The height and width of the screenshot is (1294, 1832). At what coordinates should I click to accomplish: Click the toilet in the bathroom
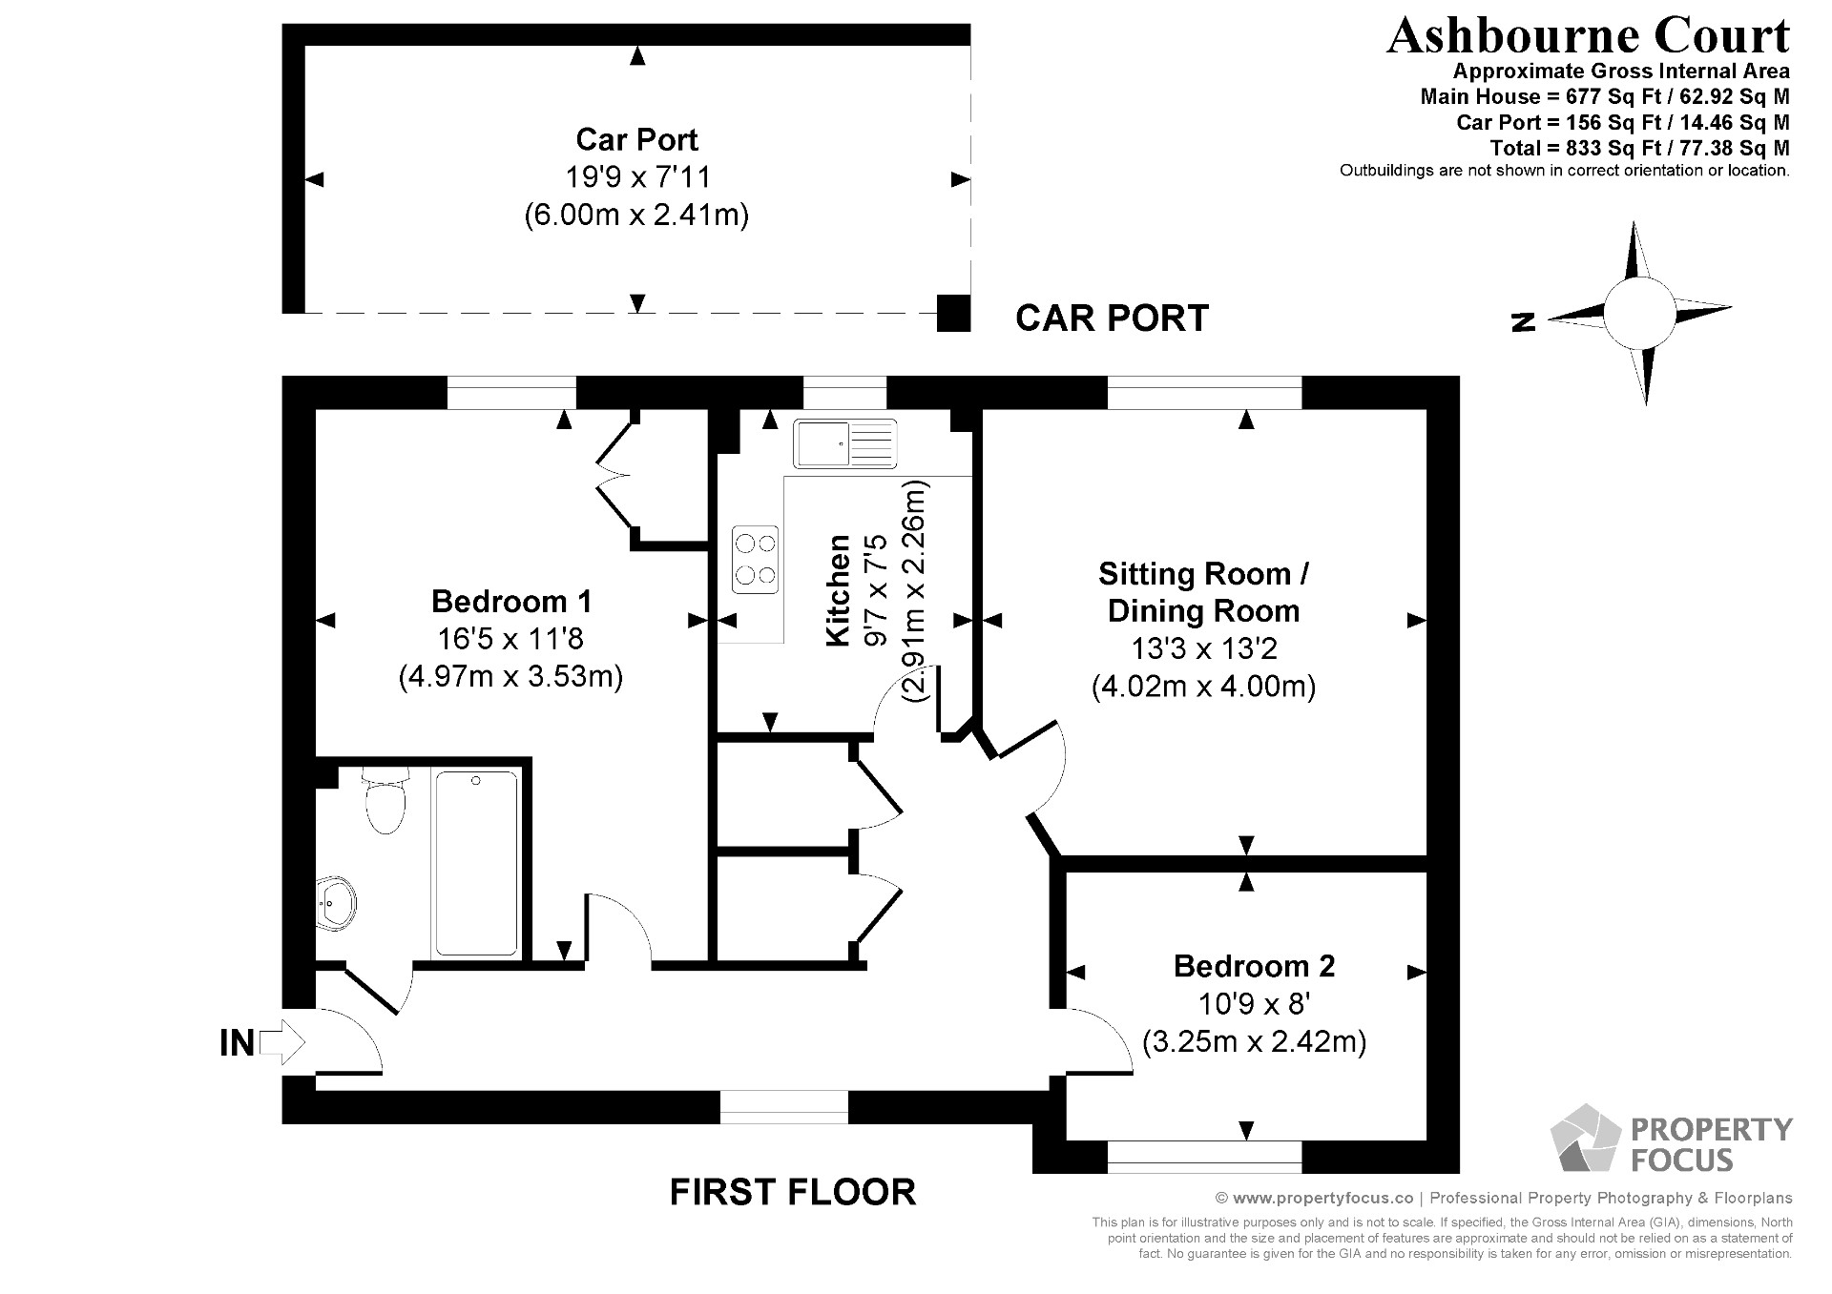pos(385,803)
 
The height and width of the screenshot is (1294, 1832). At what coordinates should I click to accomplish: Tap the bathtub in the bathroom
pos(476,863)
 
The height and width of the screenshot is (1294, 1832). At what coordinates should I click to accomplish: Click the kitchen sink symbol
pos(844,443)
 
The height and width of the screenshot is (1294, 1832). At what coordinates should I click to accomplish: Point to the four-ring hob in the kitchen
pos(755,560)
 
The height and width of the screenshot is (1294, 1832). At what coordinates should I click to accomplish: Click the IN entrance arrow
pos(281,1042)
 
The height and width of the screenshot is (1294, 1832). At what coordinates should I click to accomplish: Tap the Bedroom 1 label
pos(511,602)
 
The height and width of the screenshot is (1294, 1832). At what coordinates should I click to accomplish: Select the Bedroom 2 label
pos(1254,966)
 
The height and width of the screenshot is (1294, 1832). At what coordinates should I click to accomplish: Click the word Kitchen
pos(838,591)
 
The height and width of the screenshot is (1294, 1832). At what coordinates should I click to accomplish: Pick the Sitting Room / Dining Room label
pos(1203,592)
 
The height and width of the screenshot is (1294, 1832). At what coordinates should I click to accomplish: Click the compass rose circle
pos(1638,313)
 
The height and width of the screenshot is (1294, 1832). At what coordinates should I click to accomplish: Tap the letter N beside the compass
pos(1524,322)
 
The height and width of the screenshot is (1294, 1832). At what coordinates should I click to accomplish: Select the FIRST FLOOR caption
pos(792,1192)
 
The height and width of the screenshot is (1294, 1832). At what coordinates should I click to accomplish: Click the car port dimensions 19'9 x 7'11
pos(637,177)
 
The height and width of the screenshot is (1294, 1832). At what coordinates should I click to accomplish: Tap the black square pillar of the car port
pos(952,313)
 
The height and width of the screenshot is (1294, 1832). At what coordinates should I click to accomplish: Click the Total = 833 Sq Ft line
pos(1639,148)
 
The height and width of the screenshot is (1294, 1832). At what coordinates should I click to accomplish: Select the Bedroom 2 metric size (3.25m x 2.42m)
pos(1254,1041)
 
